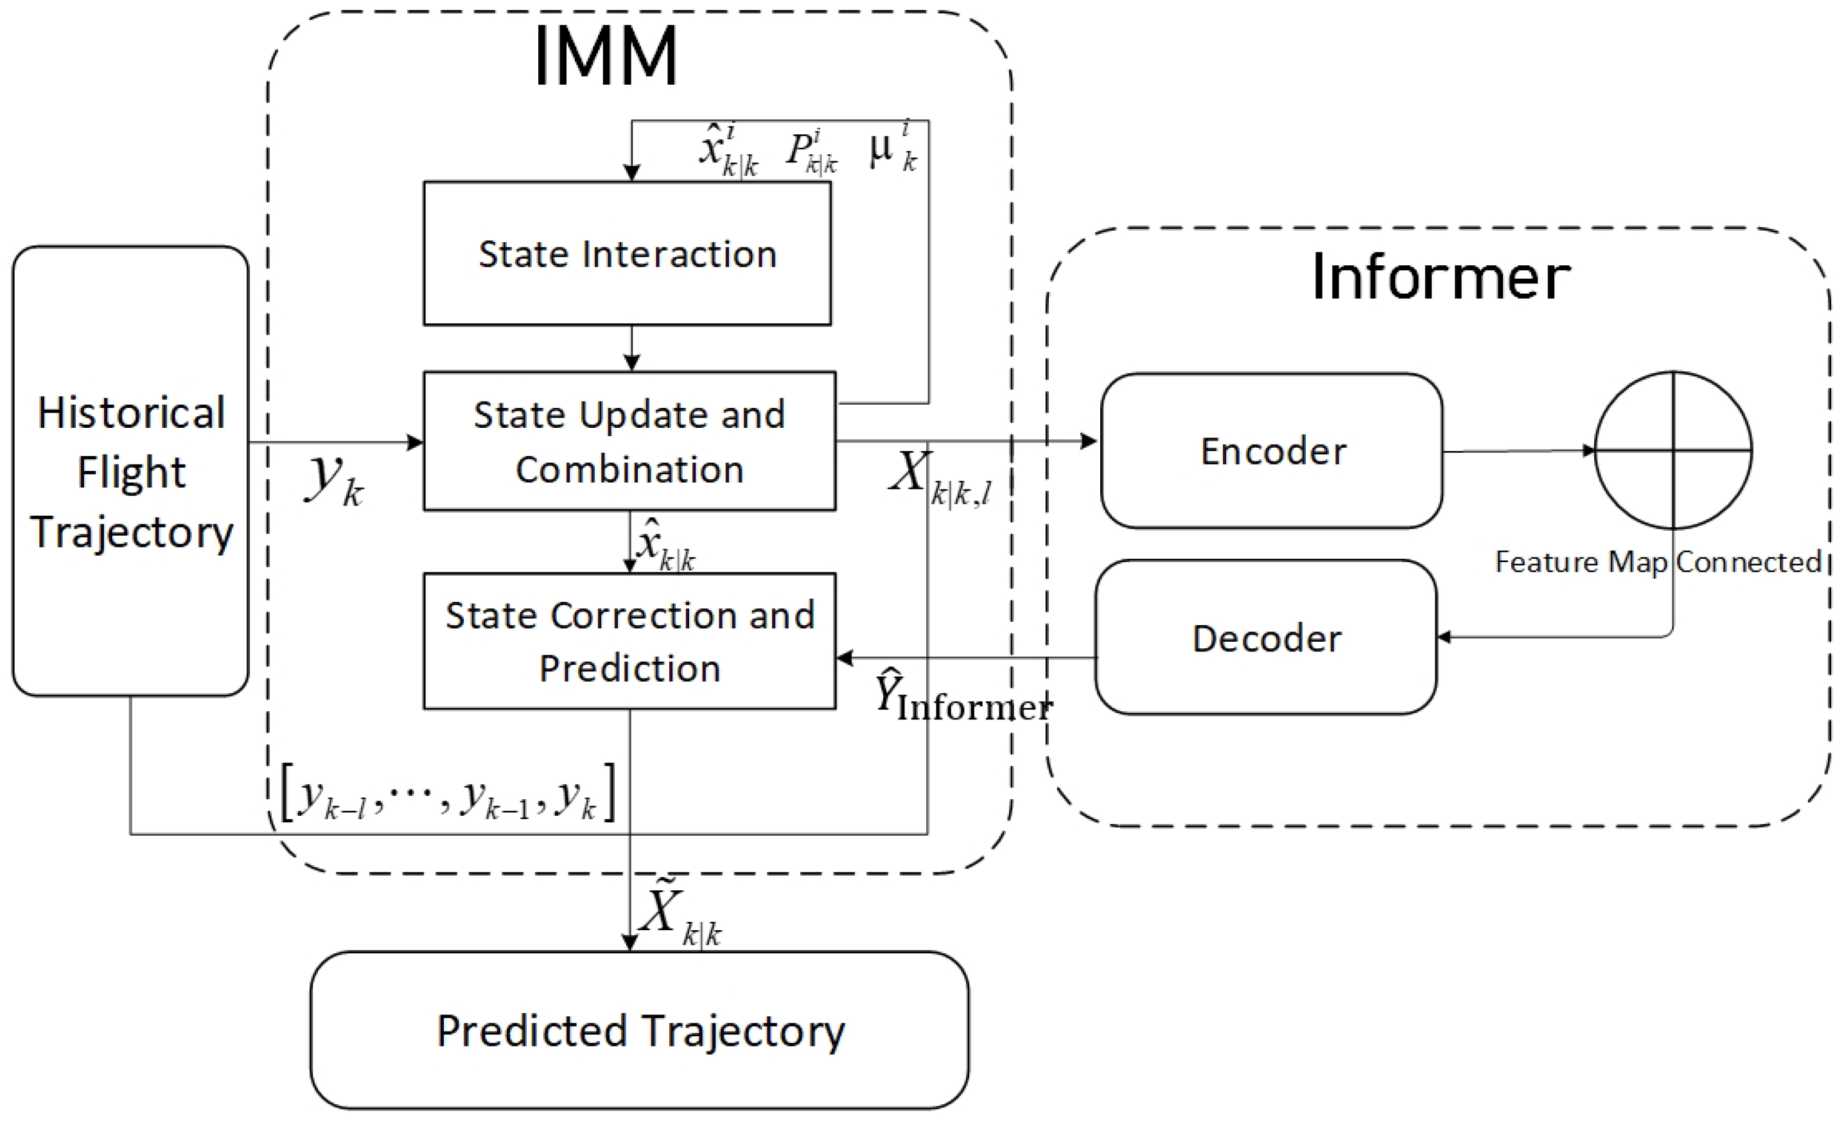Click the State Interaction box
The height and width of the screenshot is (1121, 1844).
pos(627,253)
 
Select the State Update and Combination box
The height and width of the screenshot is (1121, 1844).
pos(629,441)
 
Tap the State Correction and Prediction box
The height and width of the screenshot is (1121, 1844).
pos(629,640)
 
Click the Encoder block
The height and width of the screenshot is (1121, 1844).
pos(1272,451)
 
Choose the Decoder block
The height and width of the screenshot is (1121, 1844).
pos(1265,637)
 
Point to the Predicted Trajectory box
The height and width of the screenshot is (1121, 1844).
pos(639,1030)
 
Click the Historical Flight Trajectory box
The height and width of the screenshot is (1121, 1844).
pos(130,472)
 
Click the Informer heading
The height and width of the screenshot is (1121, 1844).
pos(1441,277)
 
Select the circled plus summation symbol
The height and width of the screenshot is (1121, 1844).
pos(1673,450)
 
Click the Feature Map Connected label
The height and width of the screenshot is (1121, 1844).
pos(1657,562)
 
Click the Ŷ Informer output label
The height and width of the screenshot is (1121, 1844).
pos(962,697)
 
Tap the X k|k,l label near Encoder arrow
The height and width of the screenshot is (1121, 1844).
pos(939,479)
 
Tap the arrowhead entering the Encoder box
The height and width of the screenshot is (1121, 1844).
pos(1089,441)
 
